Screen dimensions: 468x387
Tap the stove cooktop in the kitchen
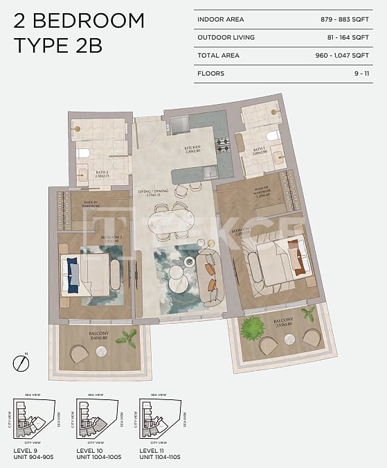pos(223,146)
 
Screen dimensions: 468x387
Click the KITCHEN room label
pos(192,148)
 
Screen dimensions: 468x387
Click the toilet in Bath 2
pos(82,154)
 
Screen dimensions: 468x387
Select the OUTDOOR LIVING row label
pos(226,37)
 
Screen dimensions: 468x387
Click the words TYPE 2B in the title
pos(58,46)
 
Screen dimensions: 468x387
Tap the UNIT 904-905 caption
pos(33,456)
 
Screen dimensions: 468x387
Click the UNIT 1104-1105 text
pos(163,456)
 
